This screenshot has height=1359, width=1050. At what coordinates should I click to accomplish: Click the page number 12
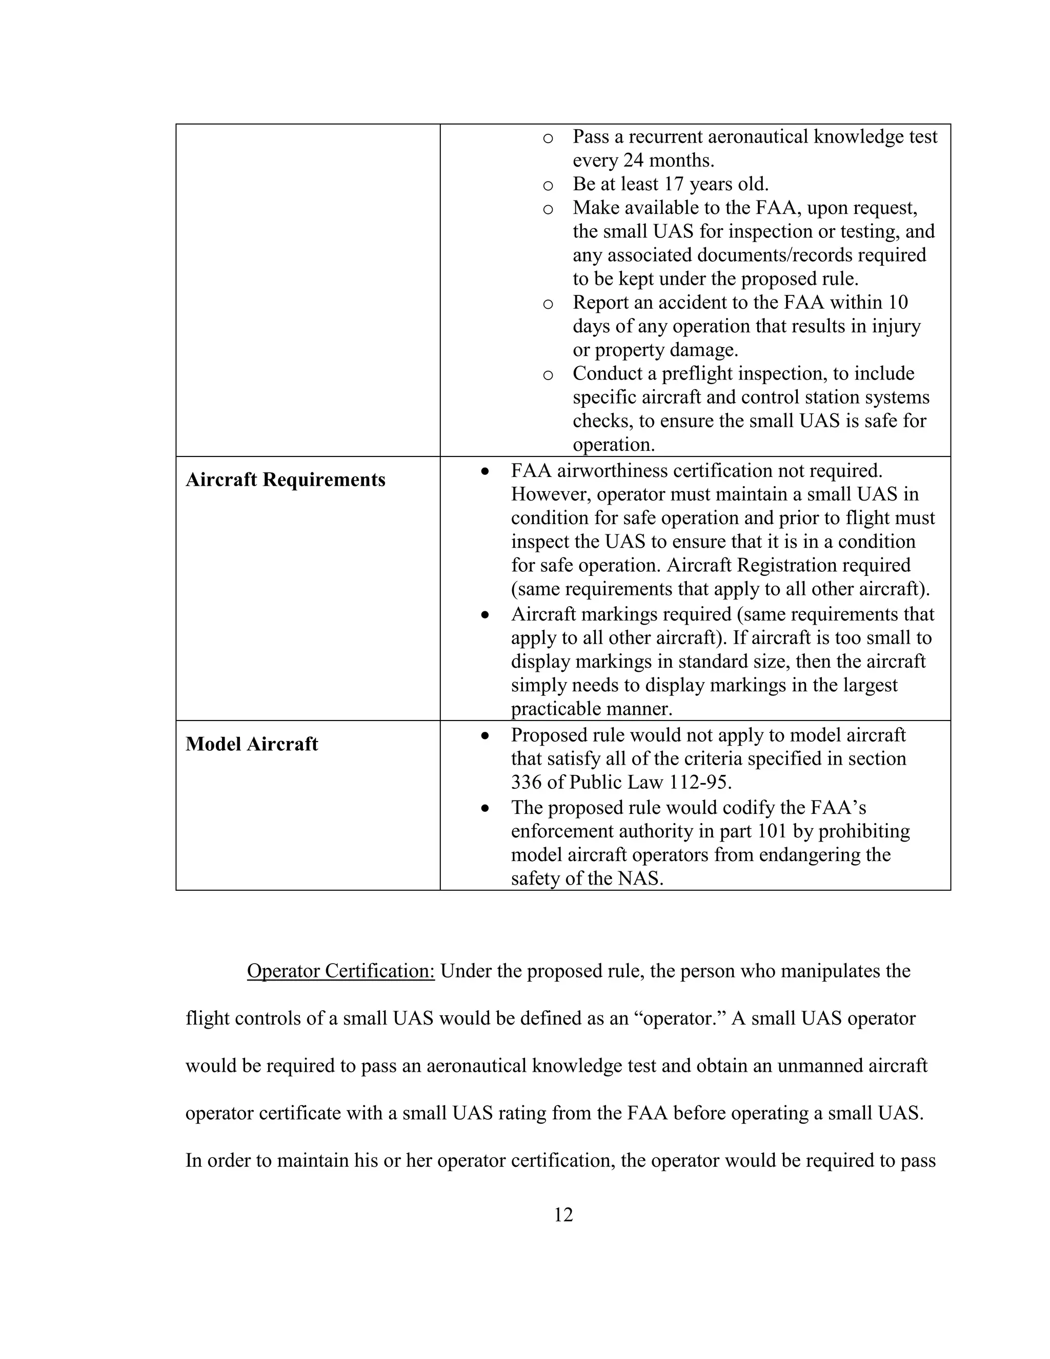click(x=563, y=1214)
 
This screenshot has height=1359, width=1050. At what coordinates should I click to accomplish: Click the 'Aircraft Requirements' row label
click(x=286, y=480)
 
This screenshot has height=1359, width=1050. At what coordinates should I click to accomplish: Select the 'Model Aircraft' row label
click(x=251, y=744)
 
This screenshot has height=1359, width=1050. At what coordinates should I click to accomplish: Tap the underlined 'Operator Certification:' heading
click(x=340, y=971)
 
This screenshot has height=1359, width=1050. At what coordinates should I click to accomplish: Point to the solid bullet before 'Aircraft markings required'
click(x=486, y=615)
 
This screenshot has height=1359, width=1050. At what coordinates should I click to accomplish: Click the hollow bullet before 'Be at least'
click(x=548, y=186)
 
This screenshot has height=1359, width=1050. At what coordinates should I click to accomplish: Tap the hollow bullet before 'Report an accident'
click(x=548, y=304)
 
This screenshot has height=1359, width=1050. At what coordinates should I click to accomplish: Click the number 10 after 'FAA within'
click(x=897, y=303)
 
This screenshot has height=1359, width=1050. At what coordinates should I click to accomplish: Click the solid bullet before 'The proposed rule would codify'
click(x=486, y=808)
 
